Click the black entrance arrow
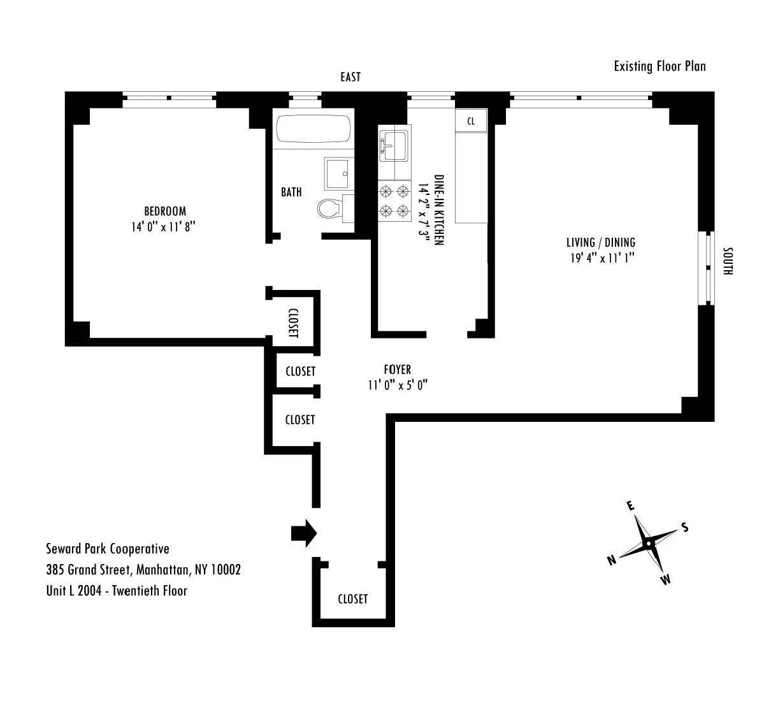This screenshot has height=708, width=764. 303,532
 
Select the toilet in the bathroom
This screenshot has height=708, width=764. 329,208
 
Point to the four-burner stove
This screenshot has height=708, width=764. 394,201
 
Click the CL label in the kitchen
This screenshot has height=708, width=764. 471,120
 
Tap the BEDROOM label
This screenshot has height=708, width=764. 165,211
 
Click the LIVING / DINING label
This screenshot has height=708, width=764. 601,242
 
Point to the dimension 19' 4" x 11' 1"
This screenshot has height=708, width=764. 601,258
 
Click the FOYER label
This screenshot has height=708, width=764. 397,370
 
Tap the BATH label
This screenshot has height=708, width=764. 291,192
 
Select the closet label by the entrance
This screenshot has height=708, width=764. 352,599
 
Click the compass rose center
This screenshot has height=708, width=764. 648,544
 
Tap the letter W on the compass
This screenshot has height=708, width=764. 665,579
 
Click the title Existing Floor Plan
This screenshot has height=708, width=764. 659,66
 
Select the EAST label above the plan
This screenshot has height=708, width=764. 350,77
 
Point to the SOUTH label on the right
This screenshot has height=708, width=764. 728,261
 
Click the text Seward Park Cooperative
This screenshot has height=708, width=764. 107,549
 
